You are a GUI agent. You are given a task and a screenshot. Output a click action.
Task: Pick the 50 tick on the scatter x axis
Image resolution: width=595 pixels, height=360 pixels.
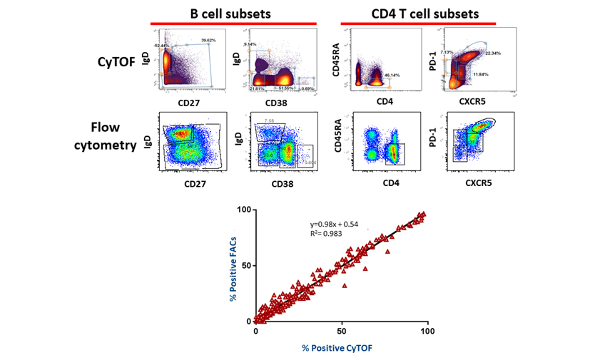342,331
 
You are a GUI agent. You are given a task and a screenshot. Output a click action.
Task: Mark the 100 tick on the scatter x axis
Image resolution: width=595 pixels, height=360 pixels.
426,331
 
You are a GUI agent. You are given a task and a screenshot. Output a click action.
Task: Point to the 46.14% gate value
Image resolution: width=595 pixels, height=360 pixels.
392,75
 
